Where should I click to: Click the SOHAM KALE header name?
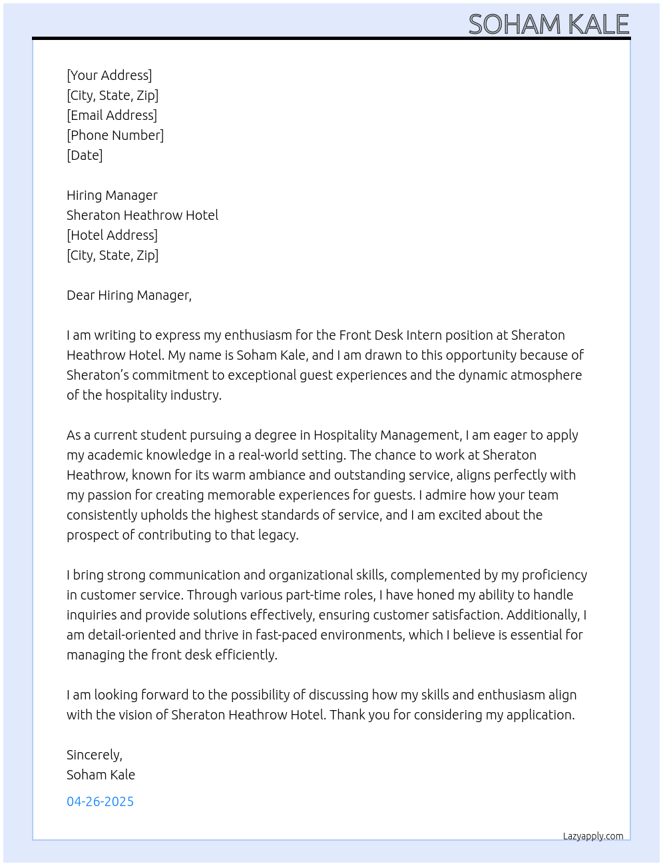point(549,25)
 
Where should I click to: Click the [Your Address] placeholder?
point(109,75)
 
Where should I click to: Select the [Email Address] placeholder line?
point(112,115)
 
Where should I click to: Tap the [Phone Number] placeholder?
point(115,135)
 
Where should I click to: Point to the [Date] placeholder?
point(85,155)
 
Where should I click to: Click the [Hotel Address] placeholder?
point(112,235)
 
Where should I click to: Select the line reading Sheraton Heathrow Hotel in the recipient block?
point(142,215)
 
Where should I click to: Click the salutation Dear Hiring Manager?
point(129,295)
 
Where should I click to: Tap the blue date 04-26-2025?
point(100,801)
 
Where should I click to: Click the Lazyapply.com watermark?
point(593,836)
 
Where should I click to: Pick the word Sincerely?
point(93,755)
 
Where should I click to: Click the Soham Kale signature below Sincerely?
point(101,775)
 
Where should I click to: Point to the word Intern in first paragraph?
point(423,335)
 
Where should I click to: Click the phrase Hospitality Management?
point(386,435)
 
